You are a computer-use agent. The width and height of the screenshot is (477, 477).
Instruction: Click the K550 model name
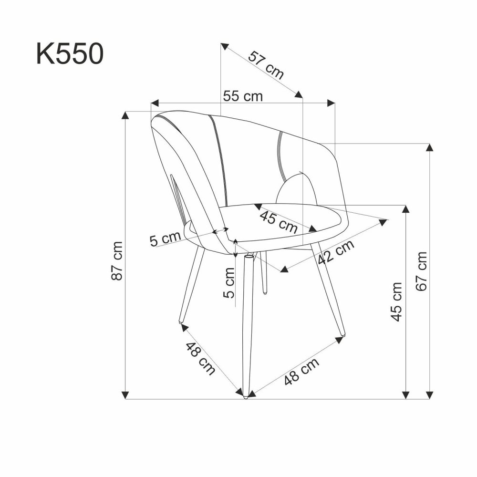69,53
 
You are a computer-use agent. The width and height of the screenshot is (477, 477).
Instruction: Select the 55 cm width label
243,96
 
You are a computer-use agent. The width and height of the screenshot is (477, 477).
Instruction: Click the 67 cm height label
421,271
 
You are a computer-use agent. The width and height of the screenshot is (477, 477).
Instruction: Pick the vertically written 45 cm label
396,301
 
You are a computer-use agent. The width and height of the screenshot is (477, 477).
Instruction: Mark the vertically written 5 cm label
229,282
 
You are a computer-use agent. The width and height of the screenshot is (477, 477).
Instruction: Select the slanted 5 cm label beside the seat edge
165,238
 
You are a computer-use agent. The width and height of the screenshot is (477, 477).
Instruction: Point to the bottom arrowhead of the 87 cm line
125,394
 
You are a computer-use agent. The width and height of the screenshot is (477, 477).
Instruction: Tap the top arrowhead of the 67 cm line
430,147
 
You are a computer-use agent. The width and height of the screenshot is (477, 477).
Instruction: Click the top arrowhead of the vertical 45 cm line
406,209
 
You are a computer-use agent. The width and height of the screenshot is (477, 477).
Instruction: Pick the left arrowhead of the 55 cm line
154,103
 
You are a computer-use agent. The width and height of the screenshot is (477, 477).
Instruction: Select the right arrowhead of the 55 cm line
331,103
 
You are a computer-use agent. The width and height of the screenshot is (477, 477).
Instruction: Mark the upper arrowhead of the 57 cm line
224,45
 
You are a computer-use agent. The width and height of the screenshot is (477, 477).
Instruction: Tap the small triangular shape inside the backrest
297,189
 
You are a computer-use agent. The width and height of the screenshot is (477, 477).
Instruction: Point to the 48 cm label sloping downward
200,359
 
